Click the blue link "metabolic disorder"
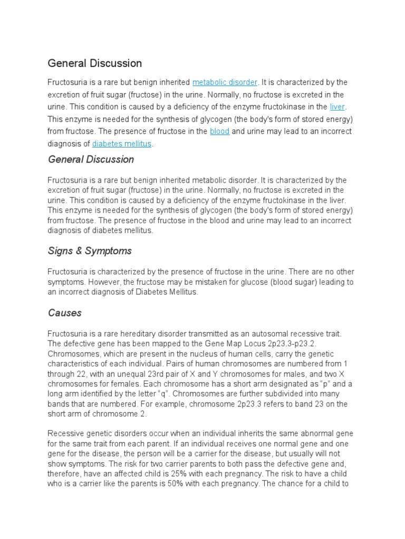tap(225, 83)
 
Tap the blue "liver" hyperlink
tap(337, 107)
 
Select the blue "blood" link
tap(219, 131)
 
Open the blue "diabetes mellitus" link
tap(122, 143)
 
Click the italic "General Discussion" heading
tap(91, 159)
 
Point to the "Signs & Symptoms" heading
tap(90, 251)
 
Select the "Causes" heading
tap(65, 313)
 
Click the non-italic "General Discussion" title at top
tap(95, 64)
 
